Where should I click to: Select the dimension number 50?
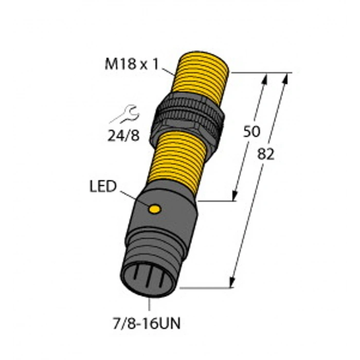click(250, 132)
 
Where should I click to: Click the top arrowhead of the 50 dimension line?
click(266, 77)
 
